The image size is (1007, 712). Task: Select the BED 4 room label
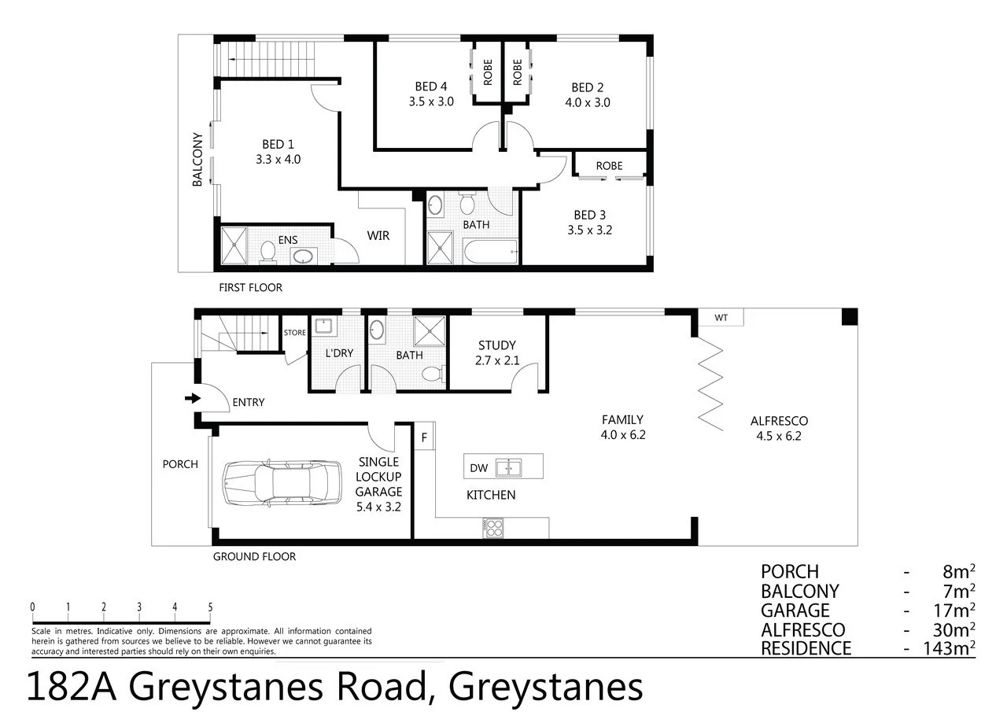(431, 87)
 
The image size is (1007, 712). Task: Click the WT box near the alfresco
(721, 318)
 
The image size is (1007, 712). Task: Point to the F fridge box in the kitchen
(425, 437)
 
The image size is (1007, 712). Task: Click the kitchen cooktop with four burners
(493, 527)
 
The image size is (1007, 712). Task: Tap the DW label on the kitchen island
(478, 468)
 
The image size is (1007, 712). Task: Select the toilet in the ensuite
(267, 252)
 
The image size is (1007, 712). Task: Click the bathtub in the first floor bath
(488, 253)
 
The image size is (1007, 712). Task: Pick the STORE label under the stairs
(295, 333)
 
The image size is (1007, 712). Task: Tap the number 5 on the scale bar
(210, 607)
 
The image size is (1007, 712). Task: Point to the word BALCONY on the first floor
(197, 159)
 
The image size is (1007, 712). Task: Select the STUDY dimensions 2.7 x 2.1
(497, 362)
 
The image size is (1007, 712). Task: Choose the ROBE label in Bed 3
(609, 166)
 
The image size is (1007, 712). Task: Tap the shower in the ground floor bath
(430, 331)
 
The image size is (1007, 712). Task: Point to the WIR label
(378, 236)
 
